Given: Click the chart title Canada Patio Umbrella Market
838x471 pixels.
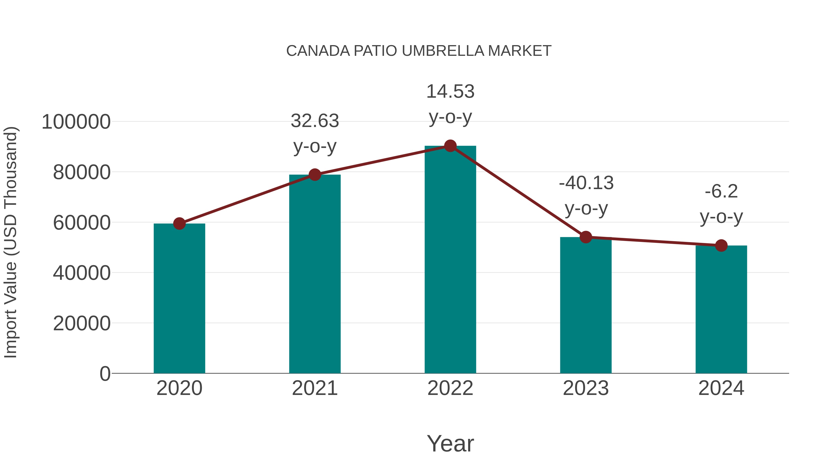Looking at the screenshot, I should point(419,51).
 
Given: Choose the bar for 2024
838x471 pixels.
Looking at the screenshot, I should point(721,309).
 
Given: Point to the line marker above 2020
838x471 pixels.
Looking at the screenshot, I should point(179,223).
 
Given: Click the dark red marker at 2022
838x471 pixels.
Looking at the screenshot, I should point(450,146).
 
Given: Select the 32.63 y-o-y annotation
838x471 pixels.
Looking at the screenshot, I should point(314,133).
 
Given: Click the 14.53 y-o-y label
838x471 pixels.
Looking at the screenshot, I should point(450,104).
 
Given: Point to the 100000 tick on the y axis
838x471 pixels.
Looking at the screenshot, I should point(76,122).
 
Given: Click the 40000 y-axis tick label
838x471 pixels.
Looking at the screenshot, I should point(82,273).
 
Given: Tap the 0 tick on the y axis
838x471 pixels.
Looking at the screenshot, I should point(105,374).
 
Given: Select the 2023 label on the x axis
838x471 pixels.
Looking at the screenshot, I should point(586,388).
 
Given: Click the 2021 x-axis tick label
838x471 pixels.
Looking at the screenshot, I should point(314,388).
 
